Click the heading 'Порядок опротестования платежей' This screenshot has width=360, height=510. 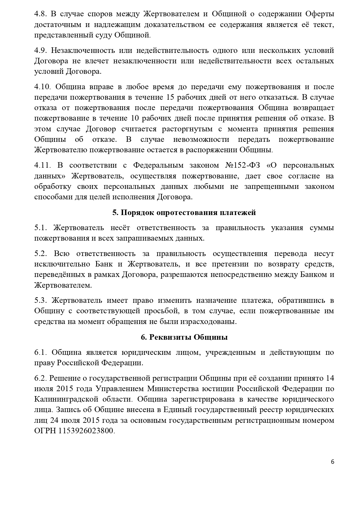point(188,212)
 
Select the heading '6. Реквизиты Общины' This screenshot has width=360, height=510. point(184,337)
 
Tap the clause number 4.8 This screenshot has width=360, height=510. point(40,14)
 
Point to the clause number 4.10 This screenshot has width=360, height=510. point(42,87)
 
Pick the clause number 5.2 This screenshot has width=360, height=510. point(40,253)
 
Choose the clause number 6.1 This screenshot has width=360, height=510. point(40,352)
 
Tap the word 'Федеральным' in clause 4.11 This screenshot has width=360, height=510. point(158,165)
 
